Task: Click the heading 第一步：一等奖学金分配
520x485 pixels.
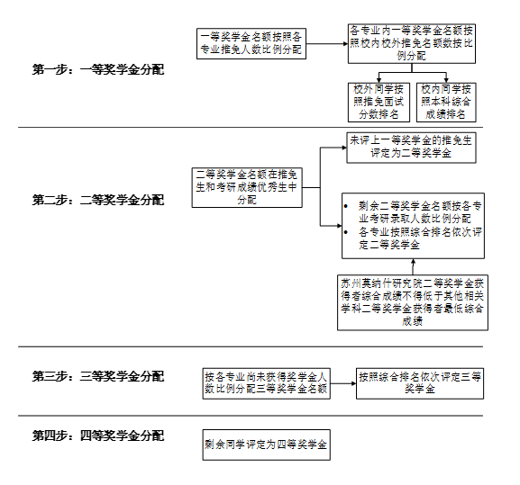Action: coord(98,70)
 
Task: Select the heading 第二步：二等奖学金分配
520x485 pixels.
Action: coord(98,200)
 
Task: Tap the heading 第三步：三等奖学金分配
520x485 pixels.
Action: coord(98,376)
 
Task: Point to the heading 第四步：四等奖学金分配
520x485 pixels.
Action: coord(98,436)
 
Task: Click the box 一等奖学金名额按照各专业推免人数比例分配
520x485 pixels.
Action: coord(251,44)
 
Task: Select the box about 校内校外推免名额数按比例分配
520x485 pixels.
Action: coord(412,43)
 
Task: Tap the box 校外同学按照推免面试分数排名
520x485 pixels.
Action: coord(379,103)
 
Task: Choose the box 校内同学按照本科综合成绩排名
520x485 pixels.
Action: coord(446,103)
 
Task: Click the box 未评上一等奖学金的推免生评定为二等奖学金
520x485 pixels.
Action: coord(411,148)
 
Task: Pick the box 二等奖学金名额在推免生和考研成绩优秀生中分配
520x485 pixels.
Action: coord(247,188)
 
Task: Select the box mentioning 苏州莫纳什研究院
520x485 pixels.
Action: coord(413,302)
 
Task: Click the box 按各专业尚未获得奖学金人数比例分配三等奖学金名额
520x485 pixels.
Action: coord(266,383)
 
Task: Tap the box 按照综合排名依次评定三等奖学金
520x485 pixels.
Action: coord(420,383)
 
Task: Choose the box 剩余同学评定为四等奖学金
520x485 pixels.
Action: coord(266,445)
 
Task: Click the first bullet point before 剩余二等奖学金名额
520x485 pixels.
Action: coord(346,206)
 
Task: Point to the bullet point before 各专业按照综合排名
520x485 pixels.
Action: coord(346,232)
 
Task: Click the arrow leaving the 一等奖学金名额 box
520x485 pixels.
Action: coord(327,44)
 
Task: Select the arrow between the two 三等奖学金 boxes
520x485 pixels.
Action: coord(343,383)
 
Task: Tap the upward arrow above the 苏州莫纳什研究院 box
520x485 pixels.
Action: coord(413,267)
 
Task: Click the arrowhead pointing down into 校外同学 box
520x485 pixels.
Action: coord(379,80)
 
